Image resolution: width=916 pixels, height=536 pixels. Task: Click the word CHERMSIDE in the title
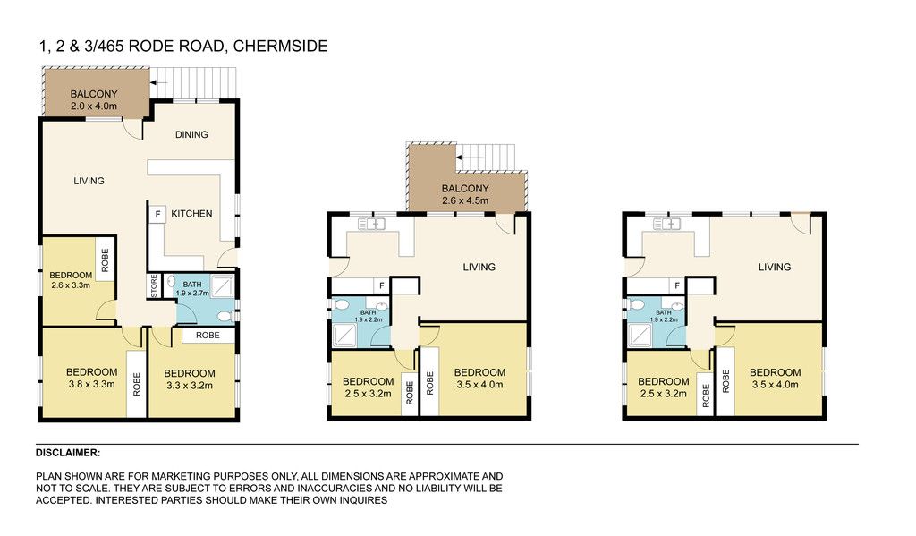[x=280, y=47]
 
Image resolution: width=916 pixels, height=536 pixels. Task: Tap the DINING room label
[x=191, y=134]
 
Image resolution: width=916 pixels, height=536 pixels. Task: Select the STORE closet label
[x=154, y=286]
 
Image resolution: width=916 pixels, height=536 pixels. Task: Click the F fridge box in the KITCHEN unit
[x=157, y=215]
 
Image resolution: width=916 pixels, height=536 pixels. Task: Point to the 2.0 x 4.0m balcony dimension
[x=94, y=106]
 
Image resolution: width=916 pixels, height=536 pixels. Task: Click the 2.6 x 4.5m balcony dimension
[x=465, y=200]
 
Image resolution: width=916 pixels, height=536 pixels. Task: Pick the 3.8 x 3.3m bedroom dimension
[x=92, y=384]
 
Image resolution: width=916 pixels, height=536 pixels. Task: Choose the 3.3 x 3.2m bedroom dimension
[x=190, y=385]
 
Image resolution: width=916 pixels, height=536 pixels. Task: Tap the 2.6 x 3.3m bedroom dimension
[x=71, y=285]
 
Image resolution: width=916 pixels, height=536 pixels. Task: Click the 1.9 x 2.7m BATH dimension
[x=192, y=293]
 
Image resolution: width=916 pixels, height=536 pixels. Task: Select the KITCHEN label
[x=191, y=214]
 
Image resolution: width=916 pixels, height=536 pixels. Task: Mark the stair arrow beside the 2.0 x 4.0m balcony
[x=159, y=82]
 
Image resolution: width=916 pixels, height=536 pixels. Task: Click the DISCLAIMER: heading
[x=68, y=453]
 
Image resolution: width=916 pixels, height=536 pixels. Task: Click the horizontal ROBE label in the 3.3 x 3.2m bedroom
[x=208, y=335]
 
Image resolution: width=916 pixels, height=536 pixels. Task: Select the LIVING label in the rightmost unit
[x=775, y=268]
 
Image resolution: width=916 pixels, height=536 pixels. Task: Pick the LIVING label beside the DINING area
[x=89, y=181]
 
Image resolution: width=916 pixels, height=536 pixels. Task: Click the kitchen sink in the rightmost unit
[x=667, y=224]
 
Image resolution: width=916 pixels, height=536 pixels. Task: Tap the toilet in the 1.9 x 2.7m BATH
[x=225, y=317]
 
